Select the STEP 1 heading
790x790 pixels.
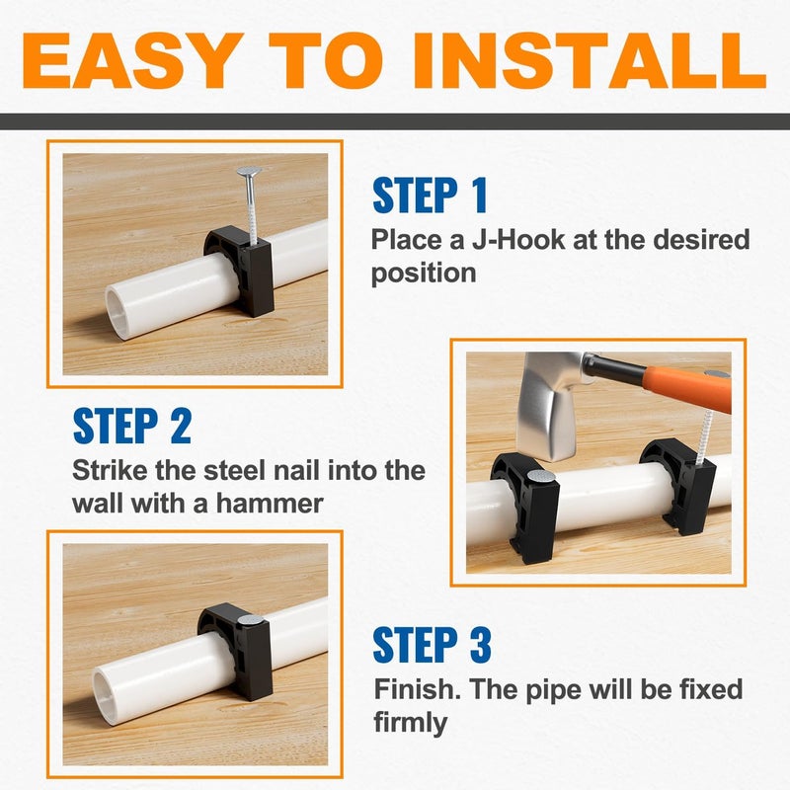click(431, 196)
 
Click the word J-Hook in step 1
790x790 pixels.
click(513, 240)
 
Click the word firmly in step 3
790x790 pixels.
click(410, 722)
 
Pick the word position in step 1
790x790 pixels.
click(424, 273)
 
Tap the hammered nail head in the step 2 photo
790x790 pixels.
click(538, 477)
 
